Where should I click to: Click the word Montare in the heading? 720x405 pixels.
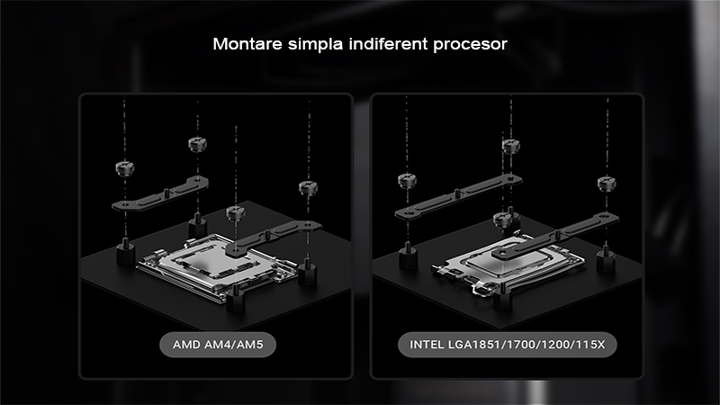tap(247, 44)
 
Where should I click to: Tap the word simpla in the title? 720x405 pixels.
tap(316, 44)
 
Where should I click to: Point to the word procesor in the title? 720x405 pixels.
tap(470, 46)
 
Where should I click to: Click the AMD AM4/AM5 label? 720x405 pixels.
tap(218, 345)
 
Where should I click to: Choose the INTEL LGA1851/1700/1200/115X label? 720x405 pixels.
tap(507, 345)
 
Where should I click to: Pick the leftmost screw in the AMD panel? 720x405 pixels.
tap(125, 168)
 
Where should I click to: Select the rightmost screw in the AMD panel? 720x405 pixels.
tap(308, 188)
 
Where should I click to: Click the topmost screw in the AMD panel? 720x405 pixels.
tap(197, 144)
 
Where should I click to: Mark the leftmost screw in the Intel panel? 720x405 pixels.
tap(407, 181)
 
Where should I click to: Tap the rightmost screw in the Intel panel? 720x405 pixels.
tap(607, 184)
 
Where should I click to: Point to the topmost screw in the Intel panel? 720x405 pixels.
tap(510, 147)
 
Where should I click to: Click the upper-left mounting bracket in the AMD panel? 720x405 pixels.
tap(160, 194)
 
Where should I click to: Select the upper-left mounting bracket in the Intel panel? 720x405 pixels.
tap(457, 196)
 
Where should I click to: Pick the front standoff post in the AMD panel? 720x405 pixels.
tap(236, 299)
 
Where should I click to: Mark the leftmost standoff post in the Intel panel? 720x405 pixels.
tap(408, 256)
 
